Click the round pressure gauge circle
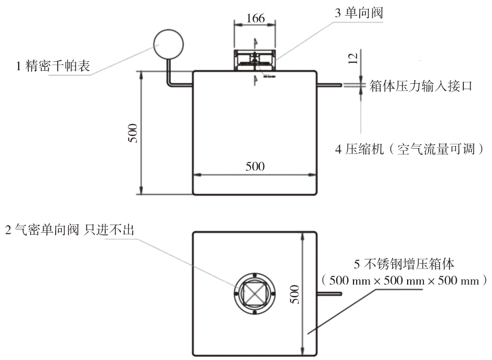(x=169, y=43)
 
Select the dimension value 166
(x=255, y=18)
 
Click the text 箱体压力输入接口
(x=421, y=86)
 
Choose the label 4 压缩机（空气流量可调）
(x=410, y=150)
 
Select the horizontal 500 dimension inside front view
(x=255, y=166)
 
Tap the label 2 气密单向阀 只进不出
(x=69, y=229)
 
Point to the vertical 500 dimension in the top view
(x=295, y=294)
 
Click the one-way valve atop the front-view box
(x=254, y=60)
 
